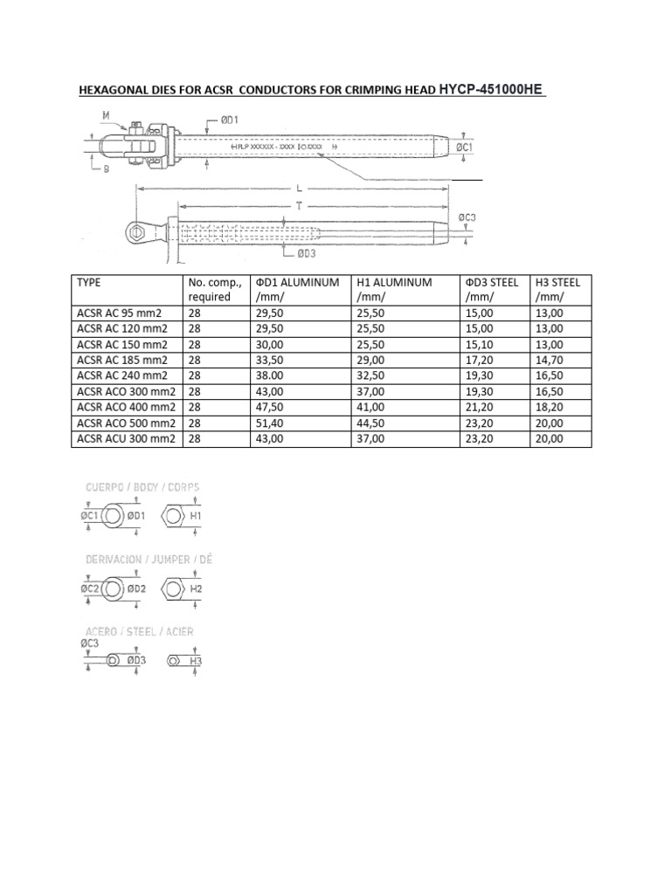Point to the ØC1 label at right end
(465, 148)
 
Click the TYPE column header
(91, 282)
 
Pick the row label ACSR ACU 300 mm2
(124, 438)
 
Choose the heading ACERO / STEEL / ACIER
(140, 630)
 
